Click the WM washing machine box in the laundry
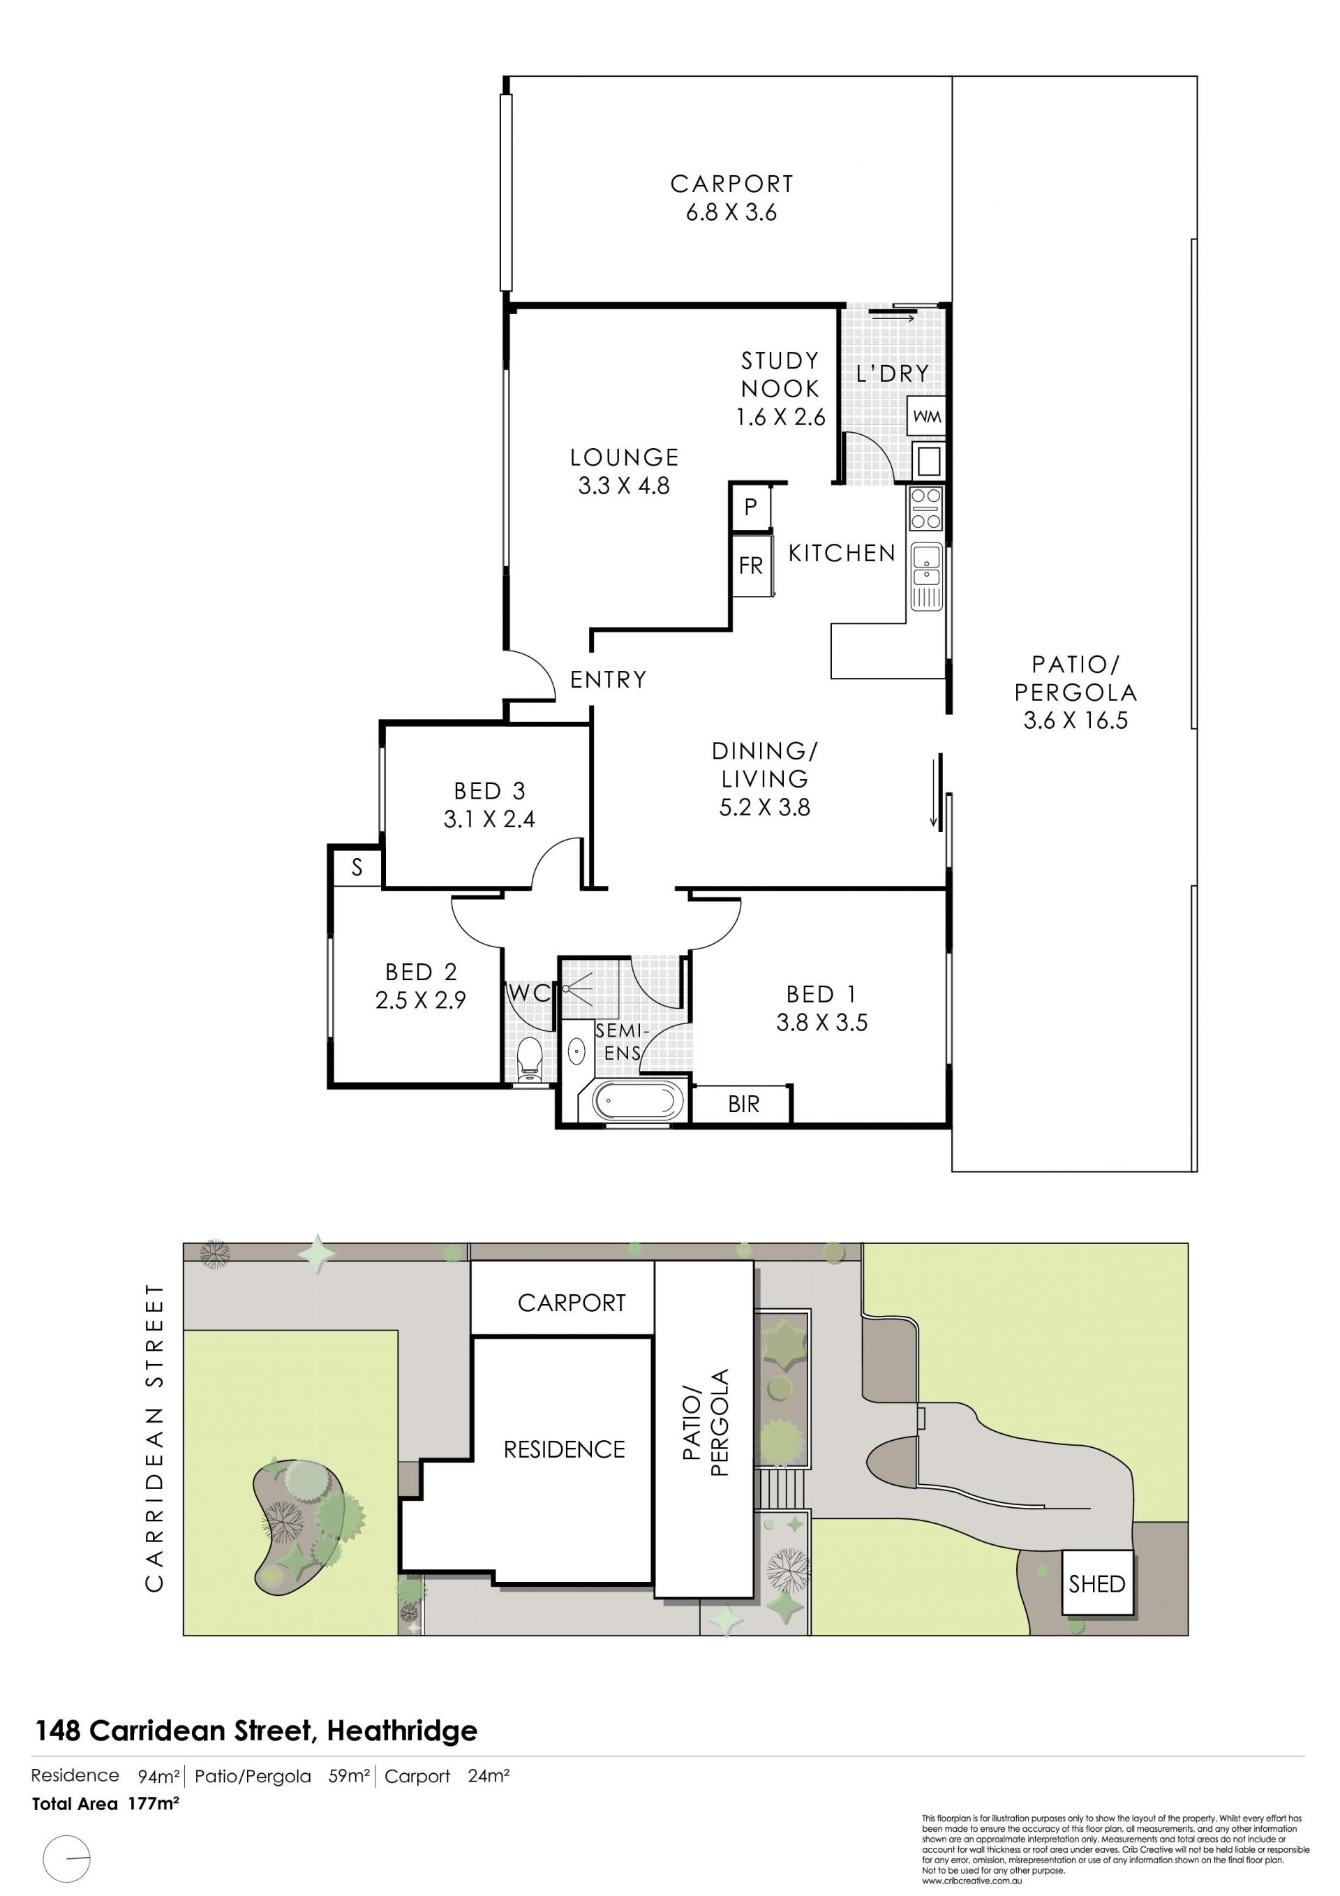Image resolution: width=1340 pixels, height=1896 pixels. point(926,416)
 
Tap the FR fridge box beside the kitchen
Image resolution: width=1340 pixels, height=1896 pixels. point(752,565)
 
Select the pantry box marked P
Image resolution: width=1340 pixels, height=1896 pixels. point(750,507)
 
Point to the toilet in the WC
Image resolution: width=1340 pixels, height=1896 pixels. point(529,1056)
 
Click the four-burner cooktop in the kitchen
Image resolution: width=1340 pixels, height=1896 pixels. point(925,509)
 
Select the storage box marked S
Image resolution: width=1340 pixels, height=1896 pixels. point(357,867)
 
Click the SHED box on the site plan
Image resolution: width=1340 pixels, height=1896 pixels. point(1096,1583)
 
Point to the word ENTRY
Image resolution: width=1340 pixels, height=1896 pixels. point(609,680)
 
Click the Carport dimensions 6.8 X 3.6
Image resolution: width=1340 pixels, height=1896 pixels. point(731,212)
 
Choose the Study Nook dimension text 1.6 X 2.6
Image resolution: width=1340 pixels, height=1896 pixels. point(780,417)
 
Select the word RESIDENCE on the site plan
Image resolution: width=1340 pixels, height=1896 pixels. point(565,1449)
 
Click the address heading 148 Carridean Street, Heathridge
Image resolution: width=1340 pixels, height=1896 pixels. point(256,1730)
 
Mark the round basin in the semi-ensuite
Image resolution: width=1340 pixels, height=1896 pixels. point(576,1051)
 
